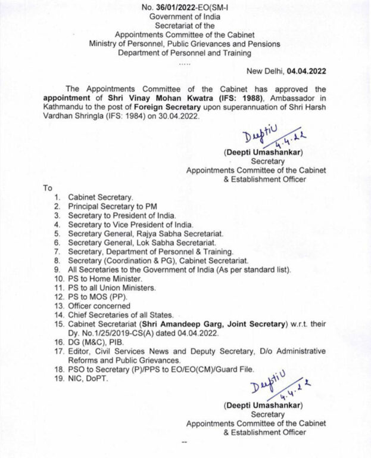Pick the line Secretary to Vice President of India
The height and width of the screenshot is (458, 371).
coord(130,224)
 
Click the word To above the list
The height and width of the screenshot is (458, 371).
coord(48,187)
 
